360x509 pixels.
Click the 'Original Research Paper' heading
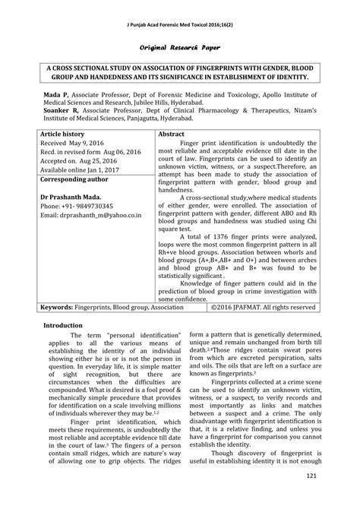[180, 46]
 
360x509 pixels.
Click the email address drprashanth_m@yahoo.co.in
[100, 215]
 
